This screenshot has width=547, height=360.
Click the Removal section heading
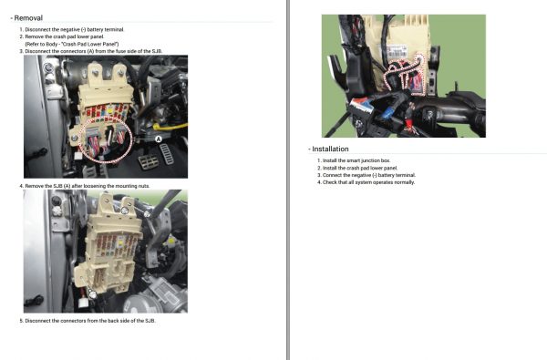tap(28, 17)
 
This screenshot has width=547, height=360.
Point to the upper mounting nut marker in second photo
tap(125, 211)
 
